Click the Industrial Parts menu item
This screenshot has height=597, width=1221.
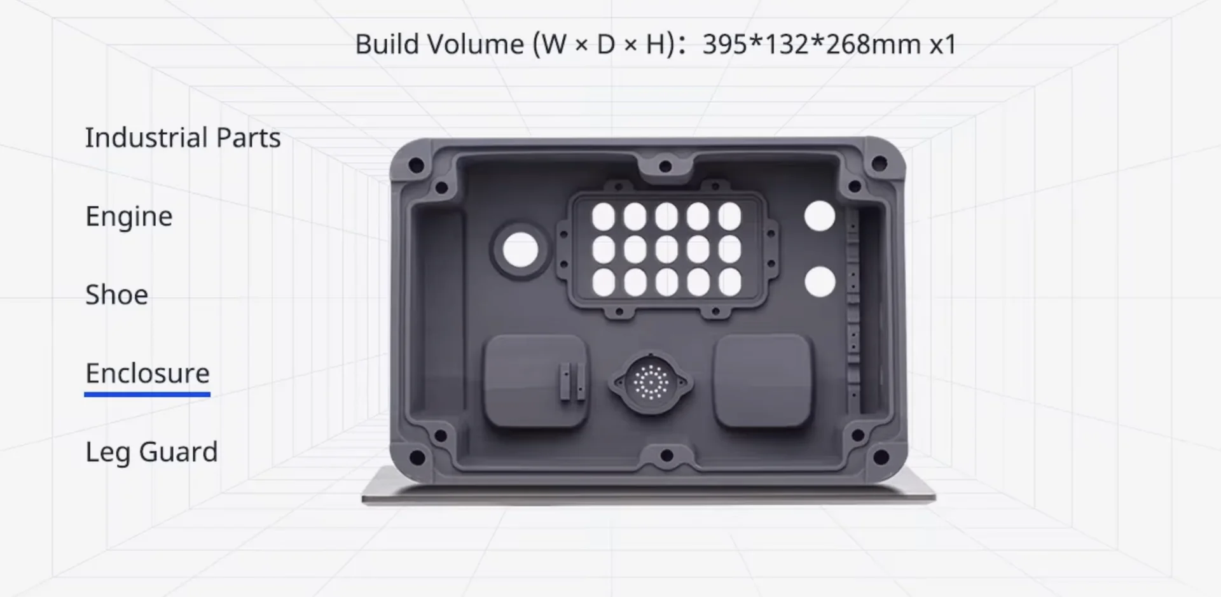183,138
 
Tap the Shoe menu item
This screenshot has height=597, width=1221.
117,295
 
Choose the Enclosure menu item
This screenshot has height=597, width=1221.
148,374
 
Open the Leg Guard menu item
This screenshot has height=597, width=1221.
151,453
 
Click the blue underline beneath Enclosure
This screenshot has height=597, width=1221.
148,395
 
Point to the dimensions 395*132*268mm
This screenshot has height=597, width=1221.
811,45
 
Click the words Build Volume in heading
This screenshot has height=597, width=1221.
439,45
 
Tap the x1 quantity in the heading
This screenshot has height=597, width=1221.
943,45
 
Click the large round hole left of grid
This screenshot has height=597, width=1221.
520,249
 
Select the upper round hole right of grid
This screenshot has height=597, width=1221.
819,216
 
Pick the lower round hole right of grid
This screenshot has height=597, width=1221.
820,282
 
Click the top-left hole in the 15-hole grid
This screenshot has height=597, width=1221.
604,217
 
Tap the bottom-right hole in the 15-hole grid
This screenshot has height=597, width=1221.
729,282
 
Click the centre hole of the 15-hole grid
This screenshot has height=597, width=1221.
666,249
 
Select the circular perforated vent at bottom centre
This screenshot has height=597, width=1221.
651,383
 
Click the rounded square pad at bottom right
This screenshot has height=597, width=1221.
762,381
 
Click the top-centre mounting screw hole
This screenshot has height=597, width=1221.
665,167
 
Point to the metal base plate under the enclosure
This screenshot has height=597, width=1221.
649,495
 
